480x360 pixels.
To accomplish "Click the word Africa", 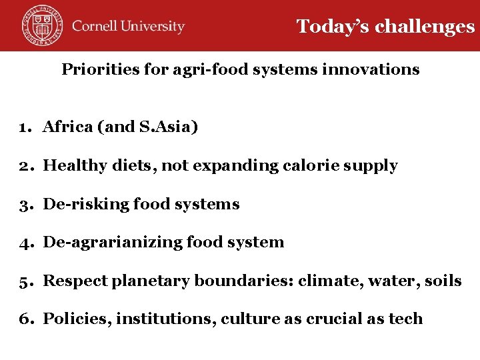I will click(68, 127).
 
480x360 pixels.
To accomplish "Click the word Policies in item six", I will click(76, 319).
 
